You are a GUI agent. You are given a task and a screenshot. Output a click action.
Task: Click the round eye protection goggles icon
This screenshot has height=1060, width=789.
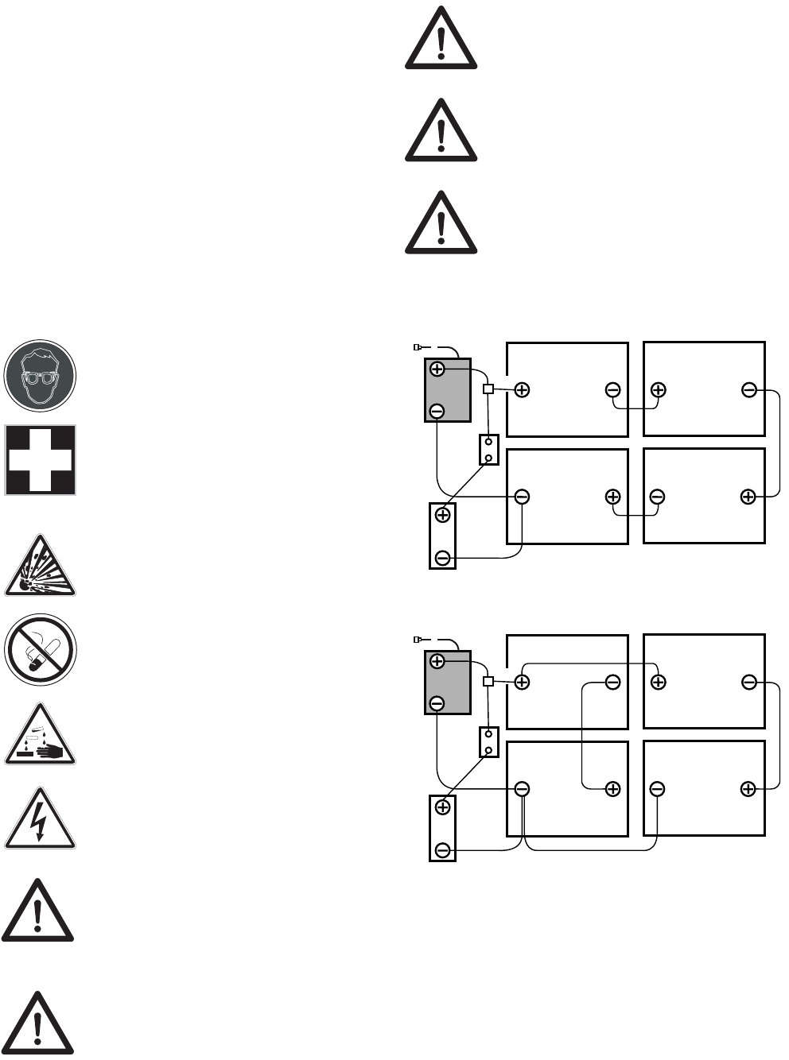40,375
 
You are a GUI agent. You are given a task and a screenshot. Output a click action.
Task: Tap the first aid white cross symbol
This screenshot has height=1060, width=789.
40,459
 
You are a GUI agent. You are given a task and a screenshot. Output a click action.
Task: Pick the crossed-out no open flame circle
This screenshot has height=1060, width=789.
40,649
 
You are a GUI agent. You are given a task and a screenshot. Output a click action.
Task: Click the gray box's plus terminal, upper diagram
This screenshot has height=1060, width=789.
437,369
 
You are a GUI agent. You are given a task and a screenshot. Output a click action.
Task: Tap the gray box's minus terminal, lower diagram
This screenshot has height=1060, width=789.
437,703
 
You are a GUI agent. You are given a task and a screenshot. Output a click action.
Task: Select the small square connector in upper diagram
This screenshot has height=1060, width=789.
488,389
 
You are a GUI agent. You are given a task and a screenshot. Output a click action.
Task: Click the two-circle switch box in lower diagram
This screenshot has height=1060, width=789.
488,742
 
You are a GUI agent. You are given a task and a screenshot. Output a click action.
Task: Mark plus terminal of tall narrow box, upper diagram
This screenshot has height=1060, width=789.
443,514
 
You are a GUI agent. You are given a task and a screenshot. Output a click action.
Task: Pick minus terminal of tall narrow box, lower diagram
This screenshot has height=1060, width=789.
443,851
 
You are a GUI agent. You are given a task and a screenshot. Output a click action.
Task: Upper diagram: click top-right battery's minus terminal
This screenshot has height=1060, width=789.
748,389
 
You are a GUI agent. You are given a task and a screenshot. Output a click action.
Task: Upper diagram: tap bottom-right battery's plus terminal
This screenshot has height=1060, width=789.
748,497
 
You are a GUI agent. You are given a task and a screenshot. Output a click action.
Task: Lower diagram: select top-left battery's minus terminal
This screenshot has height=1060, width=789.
612,682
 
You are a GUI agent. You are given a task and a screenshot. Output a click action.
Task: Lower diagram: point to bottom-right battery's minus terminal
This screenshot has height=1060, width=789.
657,789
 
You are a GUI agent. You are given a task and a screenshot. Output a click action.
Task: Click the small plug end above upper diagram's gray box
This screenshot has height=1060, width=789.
418,347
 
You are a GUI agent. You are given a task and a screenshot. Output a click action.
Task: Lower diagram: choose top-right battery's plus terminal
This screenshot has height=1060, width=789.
658,682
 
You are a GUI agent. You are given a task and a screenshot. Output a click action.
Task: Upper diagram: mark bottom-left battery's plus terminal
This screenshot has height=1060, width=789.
612,497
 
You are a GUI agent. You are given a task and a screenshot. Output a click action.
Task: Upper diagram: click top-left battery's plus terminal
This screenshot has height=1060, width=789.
522,389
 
